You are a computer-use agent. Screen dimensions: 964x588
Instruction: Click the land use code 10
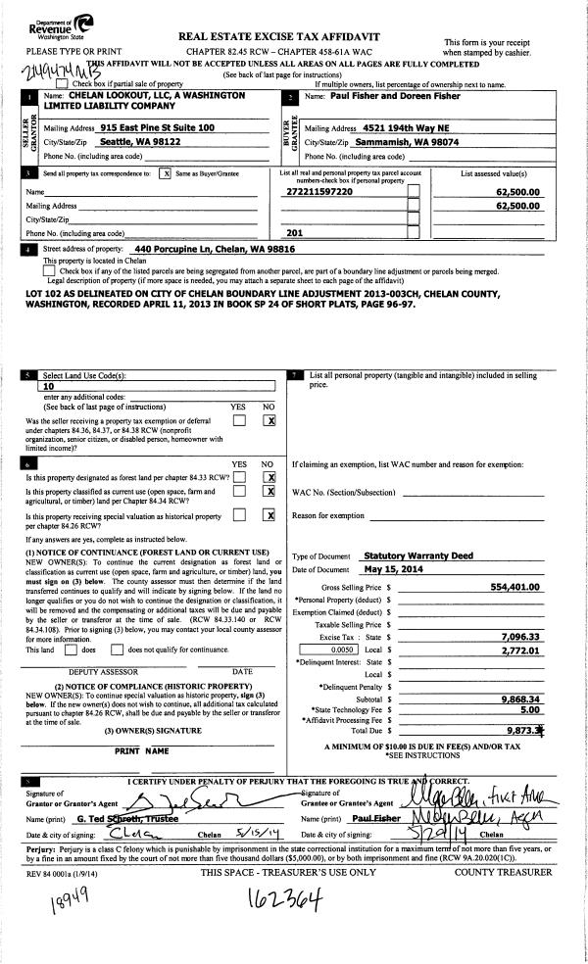(x=48, y=386)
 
